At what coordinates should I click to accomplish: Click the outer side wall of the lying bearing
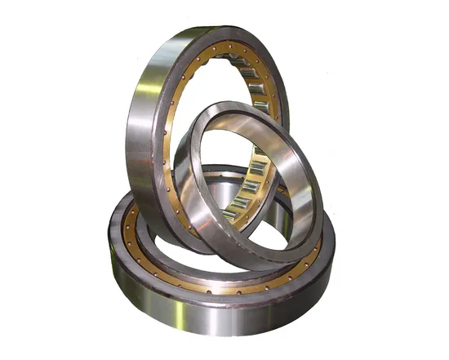220,314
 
